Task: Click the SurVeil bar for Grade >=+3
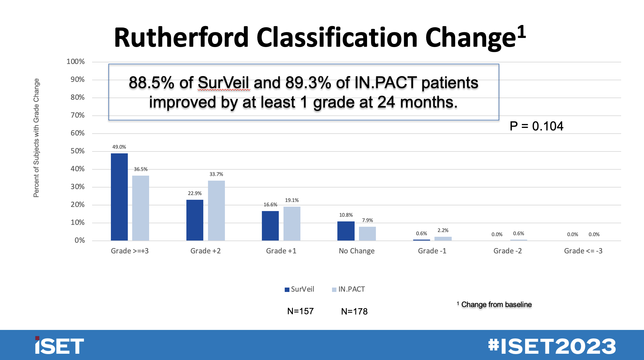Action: coord(119,197)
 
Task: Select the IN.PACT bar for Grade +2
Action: coord(216,211)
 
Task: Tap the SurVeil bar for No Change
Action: coord(346,231)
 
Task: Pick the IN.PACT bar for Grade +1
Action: coord(292,224)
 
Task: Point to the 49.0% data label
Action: coord(119,147)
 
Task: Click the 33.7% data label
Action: coord(216,174)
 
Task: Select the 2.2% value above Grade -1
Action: coord(443,230)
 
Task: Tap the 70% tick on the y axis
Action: coord(77,115)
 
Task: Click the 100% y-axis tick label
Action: coord(75,61)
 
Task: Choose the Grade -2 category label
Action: coord(507,251)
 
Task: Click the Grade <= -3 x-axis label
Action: coord(583,251)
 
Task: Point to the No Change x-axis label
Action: coord(356,251)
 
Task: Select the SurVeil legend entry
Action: coord(299,289)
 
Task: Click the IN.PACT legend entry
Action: coord(349,289)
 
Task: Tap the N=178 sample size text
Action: coord(354,311)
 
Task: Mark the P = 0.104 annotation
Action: coord(536,126)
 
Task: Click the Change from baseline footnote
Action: coord(496,304)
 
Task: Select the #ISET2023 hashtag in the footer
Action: coord(552,346)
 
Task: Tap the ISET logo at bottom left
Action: coord(59,346)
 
